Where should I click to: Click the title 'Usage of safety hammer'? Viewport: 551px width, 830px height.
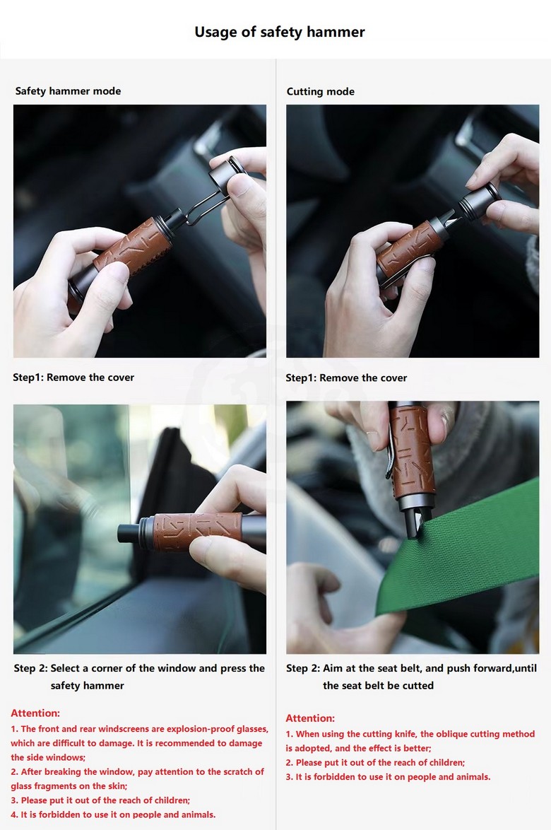pos(280,32)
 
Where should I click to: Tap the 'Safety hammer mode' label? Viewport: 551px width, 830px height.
pos(69,90)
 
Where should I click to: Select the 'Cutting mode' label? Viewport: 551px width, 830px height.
pos(321,92)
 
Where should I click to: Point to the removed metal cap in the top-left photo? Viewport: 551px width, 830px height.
pos(228,172)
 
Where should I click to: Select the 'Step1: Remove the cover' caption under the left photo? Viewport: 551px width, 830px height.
pos(73,378)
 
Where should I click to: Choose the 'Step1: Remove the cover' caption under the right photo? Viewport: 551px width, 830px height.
pos(346,378)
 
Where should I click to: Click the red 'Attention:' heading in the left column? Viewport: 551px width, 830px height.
pos(35,713)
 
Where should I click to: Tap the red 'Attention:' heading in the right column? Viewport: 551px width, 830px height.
pos(310,718)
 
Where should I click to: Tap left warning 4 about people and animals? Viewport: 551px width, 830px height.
pos(113,814)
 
